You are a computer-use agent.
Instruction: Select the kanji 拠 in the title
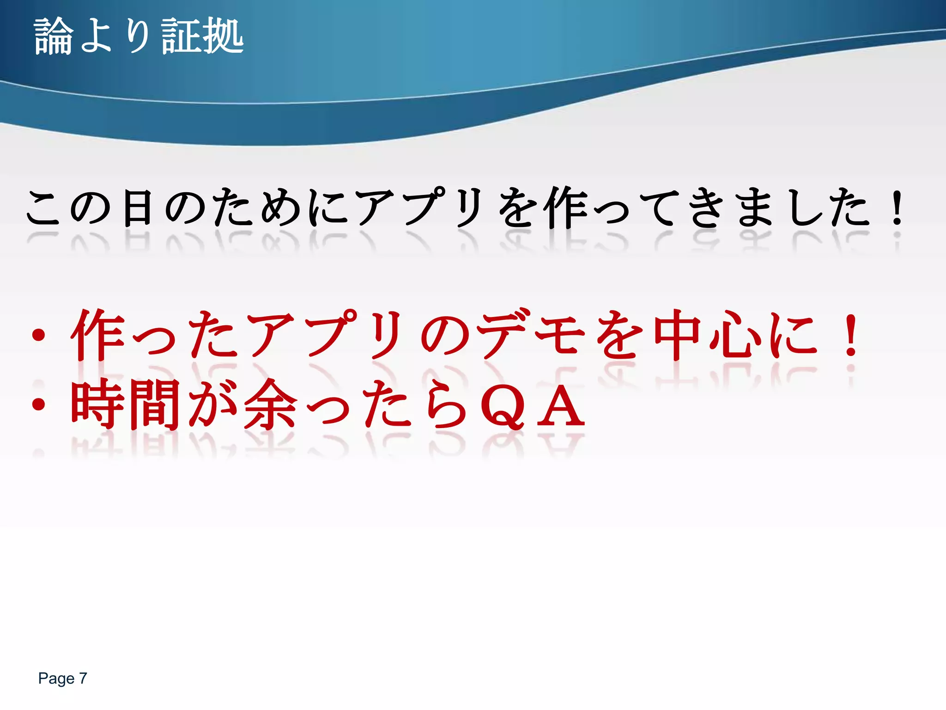pos(223,36)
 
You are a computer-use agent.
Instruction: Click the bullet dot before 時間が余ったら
pos(39,404)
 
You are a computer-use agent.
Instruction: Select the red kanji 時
pos(97,404)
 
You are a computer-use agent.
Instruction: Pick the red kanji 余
pos(271,404)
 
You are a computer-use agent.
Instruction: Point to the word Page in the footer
pos(56,678)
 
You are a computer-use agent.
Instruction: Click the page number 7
pos(83,678)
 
